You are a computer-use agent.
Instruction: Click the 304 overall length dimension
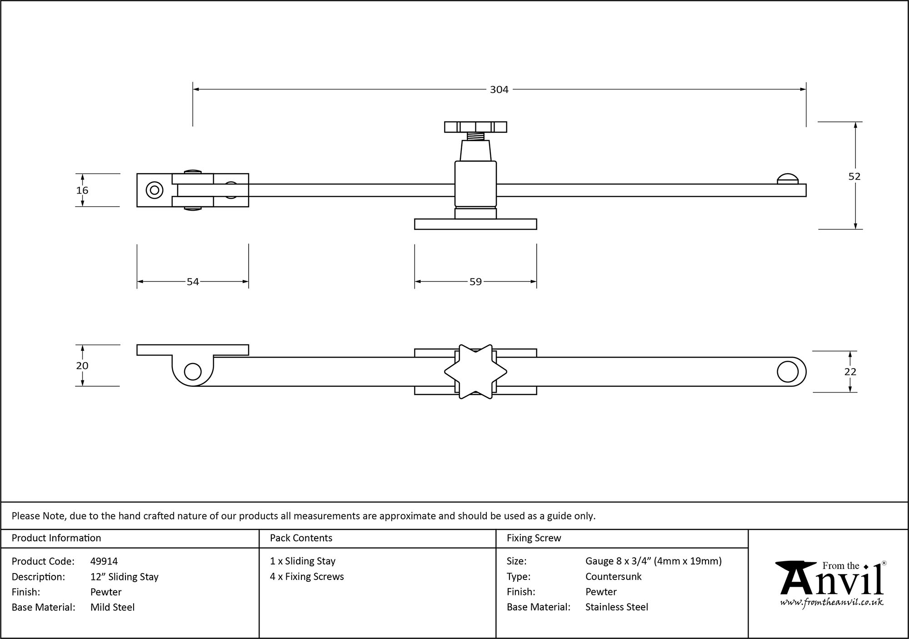[x=499, y=90]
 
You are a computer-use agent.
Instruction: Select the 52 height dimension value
[x=854, y=176]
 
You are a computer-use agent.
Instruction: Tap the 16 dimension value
[x=82, y=190]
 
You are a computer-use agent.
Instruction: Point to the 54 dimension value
[x=193, y=282]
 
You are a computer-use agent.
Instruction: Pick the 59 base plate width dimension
[x=475, y=282]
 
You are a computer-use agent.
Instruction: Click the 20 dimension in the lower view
[x=82, y=366]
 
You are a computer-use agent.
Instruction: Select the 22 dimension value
[x=850, y=372]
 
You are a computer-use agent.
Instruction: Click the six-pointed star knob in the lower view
[x=475, y=372]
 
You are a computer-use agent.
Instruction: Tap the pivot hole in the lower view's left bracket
[x=193, y=372]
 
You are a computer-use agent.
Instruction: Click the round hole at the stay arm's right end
[x=788, y=372]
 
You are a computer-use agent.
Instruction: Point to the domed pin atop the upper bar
[x=788, y=179]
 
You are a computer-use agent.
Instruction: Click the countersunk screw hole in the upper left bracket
[x=155, y=190]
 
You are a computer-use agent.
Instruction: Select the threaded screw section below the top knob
[x=475, y=135]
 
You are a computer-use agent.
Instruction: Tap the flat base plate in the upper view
[x=475, y=224]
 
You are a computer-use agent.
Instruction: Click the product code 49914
[x=104, y=561]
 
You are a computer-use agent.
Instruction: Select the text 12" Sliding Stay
[x=125, y=577]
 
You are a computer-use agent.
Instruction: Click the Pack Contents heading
[x=301, y=538]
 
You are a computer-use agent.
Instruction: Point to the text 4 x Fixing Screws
[x=307, y=577]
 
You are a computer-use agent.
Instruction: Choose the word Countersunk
[x=613, y=577]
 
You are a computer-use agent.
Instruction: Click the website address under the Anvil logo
[x=832, y=603]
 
